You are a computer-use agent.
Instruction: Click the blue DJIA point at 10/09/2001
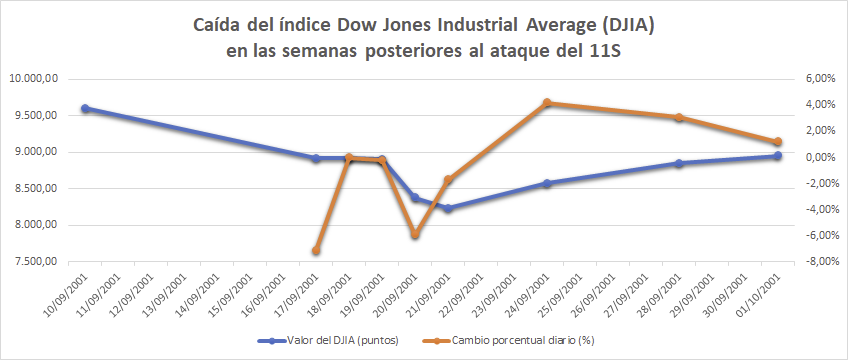[85, 108]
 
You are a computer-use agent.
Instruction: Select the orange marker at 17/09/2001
[316, 251]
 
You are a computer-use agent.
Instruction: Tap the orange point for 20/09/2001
[415, 235]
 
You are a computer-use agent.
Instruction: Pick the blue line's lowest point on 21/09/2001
[447, 208]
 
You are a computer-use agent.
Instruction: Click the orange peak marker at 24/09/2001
[547, 103]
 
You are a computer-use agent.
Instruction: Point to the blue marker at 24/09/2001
[547, 183]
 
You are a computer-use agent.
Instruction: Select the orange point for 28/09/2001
[679, 118]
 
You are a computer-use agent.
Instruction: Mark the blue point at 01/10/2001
[777, 156]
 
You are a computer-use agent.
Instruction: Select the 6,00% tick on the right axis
[818, 79]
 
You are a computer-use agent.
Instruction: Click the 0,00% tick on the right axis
[818, 157]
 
